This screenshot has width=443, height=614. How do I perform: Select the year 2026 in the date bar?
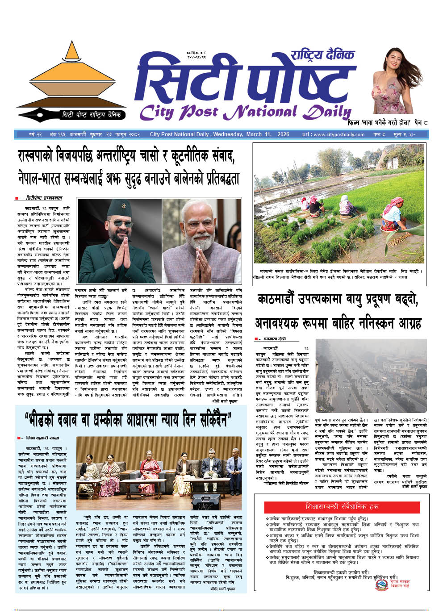tap(283, 134)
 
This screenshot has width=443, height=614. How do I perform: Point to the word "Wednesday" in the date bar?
tap(228, 134)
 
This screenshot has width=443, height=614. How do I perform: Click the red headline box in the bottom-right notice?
tap(342, 506)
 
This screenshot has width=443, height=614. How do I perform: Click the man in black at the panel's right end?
tap(234, 469)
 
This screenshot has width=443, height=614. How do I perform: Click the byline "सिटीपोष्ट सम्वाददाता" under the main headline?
tap(43, 198)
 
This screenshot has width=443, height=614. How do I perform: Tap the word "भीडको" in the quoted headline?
tap(50, 420)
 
